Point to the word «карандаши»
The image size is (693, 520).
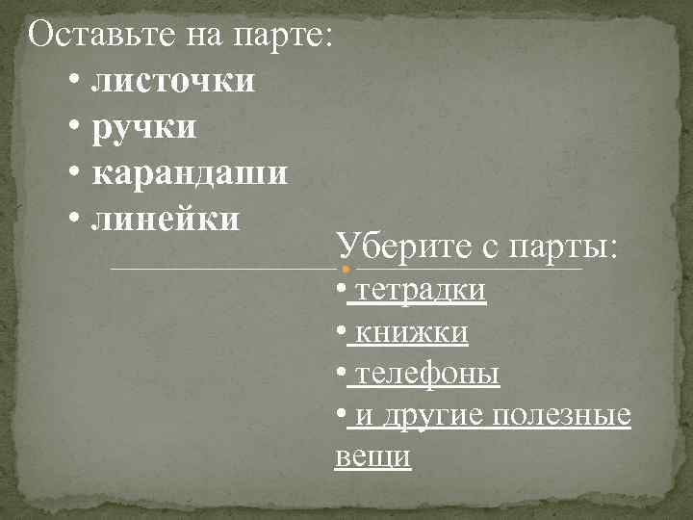pyautogui.click(x=189, y=174)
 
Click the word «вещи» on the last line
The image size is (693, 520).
pyautogui.click(x=372, y=457)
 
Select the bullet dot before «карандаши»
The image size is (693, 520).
pyautogui.click(x=75, y=174)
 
